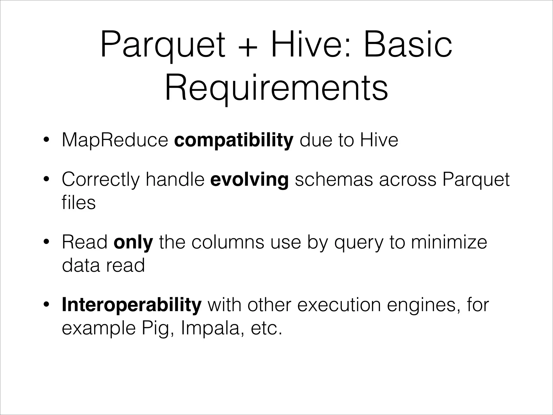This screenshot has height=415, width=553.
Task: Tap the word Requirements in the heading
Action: (x=276, y=88)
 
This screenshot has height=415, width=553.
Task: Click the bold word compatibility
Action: (x=234, y=140)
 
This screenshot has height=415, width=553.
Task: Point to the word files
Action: (x=79, y=203)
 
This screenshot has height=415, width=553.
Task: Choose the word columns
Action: (x=228, y=242)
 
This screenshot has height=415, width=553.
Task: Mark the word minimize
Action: (x=449, y=242)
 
